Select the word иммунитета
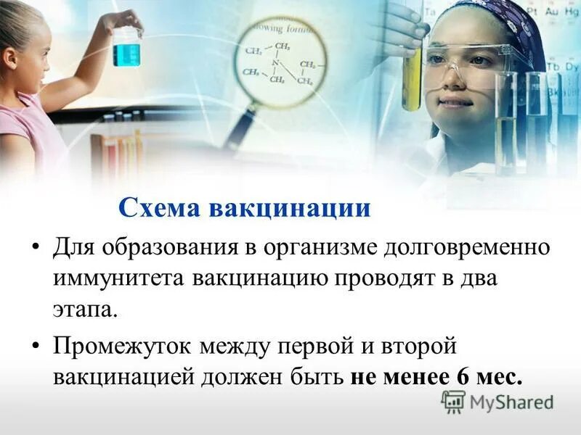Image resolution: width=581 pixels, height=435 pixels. pyautogui.click(x=118, y=278)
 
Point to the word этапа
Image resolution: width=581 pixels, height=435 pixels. pyautogui.click(x=84, y=310)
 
